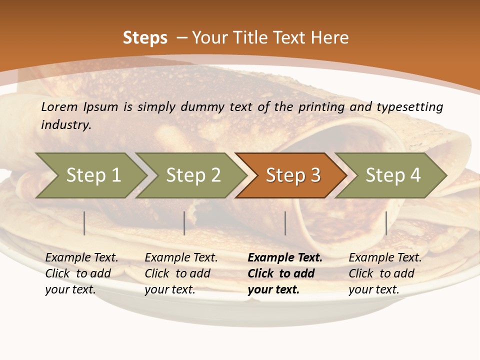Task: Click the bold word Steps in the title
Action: click(x=145, y=38)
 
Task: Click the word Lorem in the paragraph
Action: click(x=59, y=106)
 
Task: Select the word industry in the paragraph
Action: click(x=65, y=124)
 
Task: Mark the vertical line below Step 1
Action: click(x=84, y=223)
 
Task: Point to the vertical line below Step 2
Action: click(x=184, y=223)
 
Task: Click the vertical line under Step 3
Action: click(x=285, y=223)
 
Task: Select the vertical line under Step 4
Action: click(x=386, y=223)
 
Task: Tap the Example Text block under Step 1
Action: click(x=81, y=273)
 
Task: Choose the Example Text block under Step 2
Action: click(x=181, y=273)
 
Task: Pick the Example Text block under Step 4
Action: click(x=385, y=273)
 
